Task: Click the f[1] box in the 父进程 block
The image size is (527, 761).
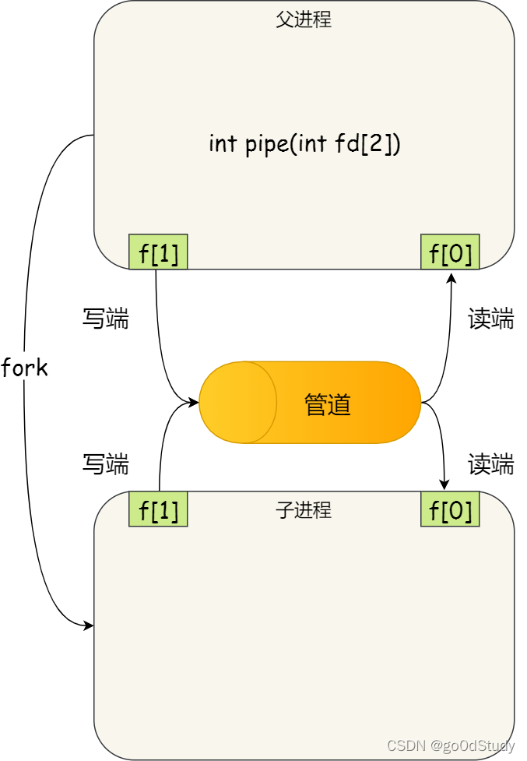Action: [x=158, y=252]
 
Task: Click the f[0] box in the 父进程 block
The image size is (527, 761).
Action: [x=450, y=252]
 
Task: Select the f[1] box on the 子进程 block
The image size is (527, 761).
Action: [x=158, y=509]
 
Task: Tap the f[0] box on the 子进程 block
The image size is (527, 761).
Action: [x=450, y=509]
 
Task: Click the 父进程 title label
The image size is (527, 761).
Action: [x=304, y=19]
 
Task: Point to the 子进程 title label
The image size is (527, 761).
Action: [x=304, y=510]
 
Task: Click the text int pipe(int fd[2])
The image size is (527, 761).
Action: [x=304, y=144]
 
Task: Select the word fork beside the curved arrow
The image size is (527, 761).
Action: [x=25, y=368]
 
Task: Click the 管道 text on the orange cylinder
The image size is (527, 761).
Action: [x=328, y=404]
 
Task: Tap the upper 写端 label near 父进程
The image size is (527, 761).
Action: [x=106, y=319]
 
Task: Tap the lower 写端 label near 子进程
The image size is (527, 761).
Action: [x=106, y=464]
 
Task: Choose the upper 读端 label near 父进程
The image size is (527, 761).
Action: [x=490, y=319]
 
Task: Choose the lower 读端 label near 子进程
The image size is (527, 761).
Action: [x=490, y=464]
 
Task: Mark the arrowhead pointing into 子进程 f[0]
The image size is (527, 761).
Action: [x=444, y=485]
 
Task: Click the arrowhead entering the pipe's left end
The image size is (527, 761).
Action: [x=194, y=403]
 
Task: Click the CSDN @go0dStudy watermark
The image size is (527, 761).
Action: [x=451, y=746]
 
